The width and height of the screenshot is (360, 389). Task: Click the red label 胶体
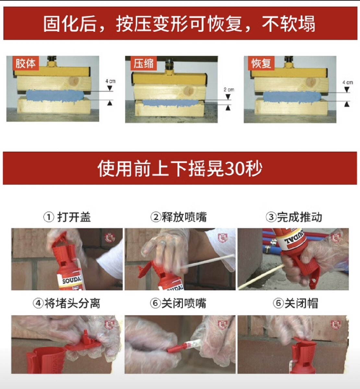26,63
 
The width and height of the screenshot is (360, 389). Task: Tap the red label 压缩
144,63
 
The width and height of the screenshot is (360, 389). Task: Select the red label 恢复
261,63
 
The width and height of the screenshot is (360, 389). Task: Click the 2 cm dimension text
229,90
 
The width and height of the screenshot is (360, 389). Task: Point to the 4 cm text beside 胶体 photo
111,81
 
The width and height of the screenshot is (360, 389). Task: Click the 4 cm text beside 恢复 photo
348,82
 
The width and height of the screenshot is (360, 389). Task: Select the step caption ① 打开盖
67,217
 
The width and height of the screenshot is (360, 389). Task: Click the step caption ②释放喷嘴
178,217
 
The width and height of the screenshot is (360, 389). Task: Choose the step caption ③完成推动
294,217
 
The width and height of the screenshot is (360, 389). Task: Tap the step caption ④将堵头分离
66,303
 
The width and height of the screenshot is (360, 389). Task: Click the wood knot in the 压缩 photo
189,90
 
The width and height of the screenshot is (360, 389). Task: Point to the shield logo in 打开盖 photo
110,238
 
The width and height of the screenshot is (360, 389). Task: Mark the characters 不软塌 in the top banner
288,24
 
